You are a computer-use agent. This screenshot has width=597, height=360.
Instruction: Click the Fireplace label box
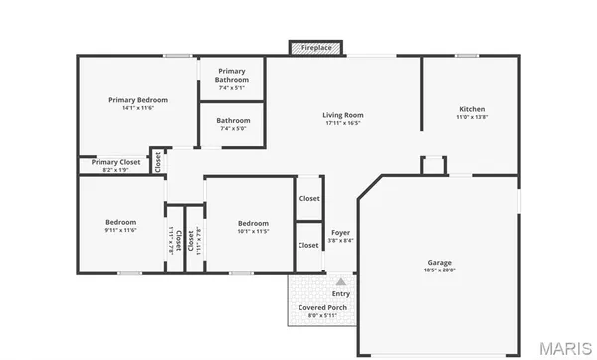coord(316,47)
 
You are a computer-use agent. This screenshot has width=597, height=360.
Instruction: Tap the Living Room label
coord(343,115)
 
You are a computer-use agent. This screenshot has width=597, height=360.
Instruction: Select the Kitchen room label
coord(471,109)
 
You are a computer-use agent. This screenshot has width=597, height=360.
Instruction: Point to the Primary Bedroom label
coord(138,100)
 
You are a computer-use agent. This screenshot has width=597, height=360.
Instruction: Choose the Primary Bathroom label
coord(232,75)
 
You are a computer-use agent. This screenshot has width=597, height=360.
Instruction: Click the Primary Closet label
coord(116,162)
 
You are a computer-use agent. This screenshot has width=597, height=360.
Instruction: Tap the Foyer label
coord(340,232)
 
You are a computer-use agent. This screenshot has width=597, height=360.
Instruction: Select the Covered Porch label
coord(322,308)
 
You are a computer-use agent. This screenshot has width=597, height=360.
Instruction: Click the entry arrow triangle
coord(340,281)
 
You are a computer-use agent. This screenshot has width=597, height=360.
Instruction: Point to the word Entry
coord(340,294)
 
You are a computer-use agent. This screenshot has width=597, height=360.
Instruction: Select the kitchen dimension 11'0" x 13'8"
coord(471,117)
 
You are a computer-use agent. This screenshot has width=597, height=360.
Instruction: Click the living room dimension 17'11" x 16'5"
coord(343,123)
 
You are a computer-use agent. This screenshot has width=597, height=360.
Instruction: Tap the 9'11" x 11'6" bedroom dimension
coord(120,230)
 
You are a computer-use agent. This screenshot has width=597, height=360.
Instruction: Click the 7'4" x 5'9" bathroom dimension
coord(233,128)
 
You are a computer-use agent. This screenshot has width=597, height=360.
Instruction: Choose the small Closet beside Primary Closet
coord(157,161)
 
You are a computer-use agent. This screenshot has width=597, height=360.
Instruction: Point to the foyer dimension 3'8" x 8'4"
coord(340,240)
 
